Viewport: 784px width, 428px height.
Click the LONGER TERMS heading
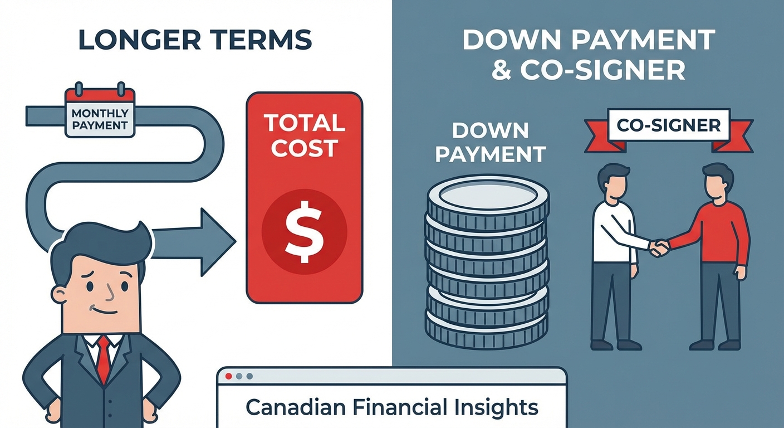pyautogui.click(x=195, y=40)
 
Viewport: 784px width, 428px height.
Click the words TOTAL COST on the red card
pyautogui.click(x=304, y=135)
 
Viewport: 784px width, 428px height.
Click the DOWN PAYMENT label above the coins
pyautogui.click(x=490, y=142)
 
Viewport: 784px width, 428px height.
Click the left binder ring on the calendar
pyautogui.click(x=79, y=89)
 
